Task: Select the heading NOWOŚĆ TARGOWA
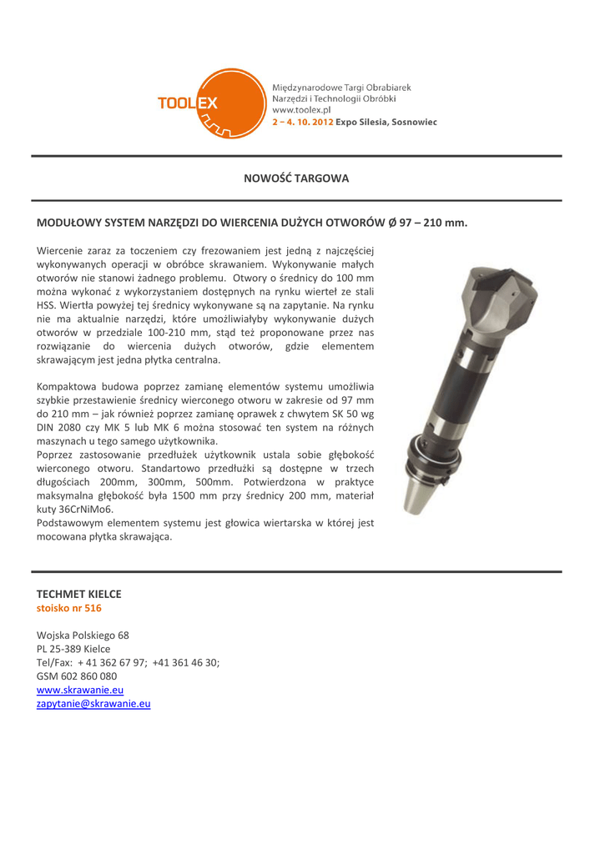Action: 296,178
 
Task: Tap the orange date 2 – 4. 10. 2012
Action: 303,122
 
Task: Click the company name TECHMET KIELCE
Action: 79,594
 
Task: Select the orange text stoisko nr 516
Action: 69,608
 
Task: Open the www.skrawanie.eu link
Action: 80,690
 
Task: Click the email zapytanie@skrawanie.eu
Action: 93,704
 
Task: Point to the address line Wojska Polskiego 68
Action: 83,635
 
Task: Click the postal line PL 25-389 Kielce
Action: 73,649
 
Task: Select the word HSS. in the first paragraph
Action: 48,304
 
